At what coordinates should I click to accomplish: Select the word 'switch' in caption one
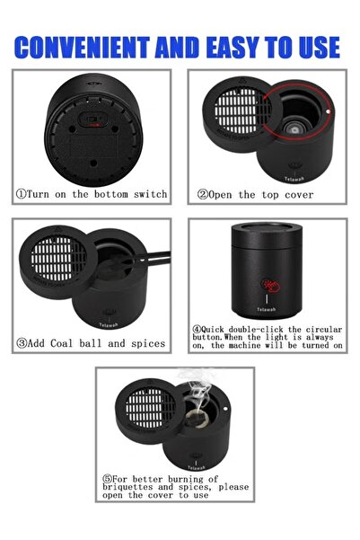[x=151, y=194]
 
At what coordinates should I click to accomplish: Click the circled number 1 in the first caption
[x=21, y=194]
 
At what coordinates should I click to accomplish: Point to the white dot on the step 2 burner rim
[x=328, y=111]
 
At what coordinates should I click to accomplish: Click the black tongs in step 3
[x=152, y=259]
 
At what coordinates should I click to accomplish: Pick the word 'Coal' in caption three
[x=62, y=343]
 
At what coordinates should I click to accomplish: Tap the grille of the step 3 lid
[x=58, y=258]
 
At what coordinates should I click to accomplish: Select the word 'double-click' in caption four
[x=256, y=330]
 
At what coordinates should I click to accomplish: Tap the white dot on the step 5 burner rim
[x=225, y=409]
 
